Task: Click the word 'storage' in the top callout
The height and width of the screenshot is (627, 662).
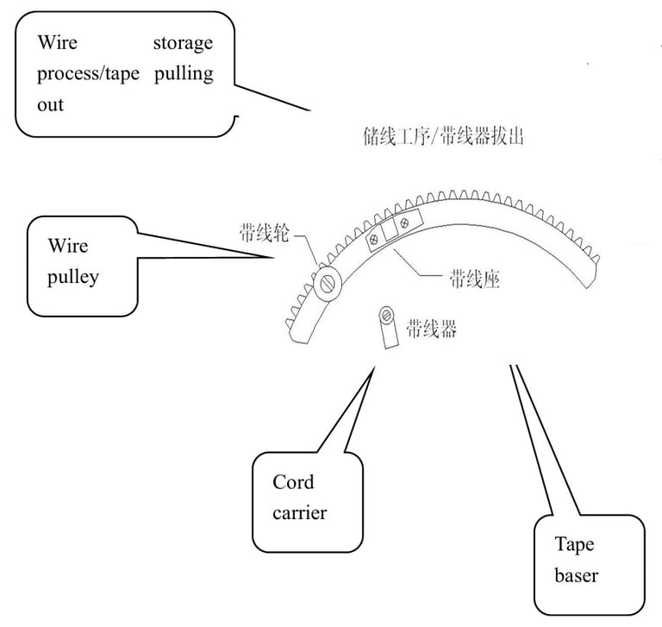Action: pyautogui.click(x=183, y=43)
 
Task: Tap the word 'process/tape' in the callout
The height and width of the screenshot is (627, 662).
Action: pyautogui.click(x=88, y=74)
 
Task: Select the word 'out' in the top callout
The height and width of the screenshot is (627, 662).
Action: pyautogui.click(x=50, y=104)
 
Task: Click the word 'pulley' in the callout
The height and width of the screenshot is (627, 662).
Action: pyautogui.click(x=73, y=277)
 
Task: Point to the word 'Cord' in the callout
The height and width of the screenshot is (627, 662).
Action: pyautogui.click(x=293, y=482)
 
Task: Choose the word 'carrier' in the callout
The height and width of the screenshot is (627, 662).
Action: pyautogui.click(x=300, y=513)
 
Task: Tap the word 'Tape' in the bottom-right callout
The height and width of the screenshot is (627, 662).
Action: pyautogui.click(x=574, y=545)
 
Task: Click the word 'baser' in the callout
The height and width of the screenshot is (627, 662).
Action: pyautogui.click(x=577, y=575)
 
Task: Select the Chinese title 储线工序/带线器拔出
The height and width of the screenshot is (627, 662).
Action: pyautogui.click(x=443, y=136)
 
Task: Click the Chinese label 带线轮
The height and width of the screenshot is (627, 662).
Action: pyautogui.click(x=265, y=233)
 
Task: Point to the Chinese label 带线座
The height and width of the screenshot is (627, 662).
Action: pyautogui.click(x=475, y=279)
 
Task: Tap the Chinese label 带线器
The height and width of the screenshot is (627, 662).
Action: pyautogui.click(x=432, y=329)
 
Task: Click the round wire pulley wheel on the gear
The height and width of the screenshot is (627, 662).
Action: pyautogui.click(x=328, y=284)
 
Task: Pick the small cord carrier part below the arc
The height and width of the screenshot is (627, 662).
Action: pyautogui.click(x=389, y=328)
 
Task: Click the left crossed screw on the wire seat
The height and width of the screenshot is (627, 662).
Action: pyautogui.click(x=373, y=240)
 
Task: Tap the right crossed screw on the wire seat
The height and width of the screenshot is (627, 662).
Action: pyautogui.click(x=404, y=223)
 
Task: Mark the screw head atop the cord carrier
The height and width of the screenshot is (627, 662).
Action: pyautogui.click(x=386, y=315)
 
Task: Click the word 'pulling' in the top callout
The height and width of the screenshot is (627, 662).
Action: pyautogui.click(x=184, y=74)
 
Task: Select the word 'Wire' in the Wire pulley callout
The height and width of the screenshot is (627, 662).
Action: pyautogui.click(x=68, y=246)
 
